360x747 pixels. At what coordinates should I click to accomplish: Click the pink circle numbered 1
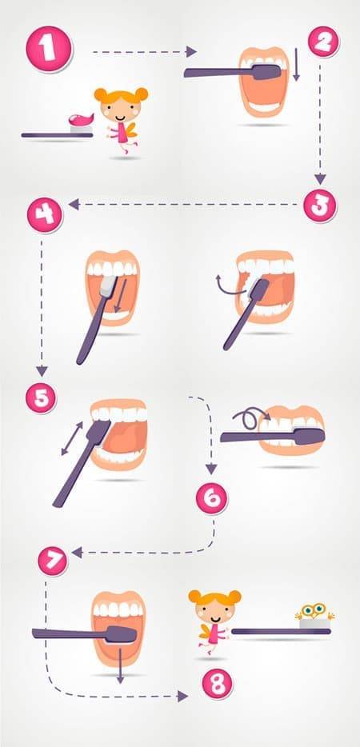(49, 50)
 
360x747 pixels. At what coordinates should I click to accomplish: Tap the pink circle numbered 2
(324, 42)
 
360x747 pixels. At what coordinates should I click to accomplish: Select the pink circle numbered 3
(320, 206)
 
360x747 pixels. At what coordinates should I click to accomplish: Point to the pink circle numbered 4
(45, 215)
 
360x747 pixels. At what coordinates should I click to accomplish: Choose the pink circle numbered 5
(41, 397)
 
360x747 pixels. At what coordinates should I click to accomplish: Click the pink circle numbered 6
(212, 498)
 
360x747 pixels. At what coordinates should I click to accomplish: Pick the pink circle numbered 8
(218, 684)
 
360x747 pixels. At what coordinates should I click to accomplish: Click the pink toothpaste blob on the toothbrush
(81, 118)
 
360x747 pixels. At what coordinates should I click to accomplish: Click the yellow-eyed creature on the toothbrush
(314, 611)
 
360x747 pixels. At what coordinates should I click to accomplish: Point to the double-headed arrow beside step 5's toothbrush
(72, 437)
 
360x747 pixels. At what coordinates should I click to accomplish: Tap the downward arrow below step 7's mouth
(120, 666)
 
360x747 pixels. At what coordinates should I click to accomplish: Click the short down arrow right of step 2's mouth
(296, 64)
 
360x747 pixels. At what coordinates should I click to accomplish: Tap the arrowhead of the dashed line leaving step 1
(191, 51)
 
